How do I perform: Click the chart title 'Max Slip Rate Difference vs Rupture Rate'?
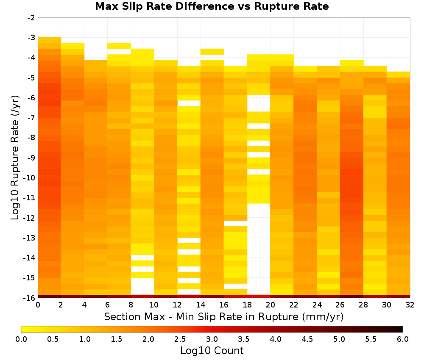point(212,6)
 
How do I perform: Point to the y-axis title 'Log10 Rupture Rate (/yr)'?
point(15,158)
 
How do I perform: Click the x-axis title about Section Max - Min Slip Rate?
point(223,316)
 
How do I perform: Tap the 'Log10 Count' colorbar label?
point(212,351)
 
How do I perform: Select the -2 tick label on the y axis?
point(31,18)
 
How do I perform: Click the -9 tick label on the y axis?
point(31,158)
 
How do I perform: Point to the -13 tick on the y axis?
point(30,238)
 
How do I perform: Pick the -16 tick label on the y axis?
point(30,298)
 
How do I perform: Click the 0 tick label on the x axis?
point(38,305)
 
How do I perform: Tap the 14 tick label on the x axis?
point(201,305)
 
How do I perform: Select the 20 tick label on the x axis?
point(270,305)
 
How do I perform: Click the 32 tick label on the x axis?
point(410,305)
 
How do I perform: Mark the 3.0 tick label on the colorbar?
point(212,339)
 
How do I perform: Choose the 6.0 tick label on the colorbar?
point(403,339)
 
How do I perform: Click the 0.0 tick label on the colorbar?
point(21,339)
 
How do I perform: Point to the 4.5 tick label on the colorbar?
point(307,339)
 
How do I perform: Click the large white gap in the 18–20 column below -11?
point(259,249)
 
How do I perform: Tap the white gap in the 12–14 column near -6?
point(189,103)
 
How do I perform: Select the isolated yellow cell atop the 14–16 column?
point(212,52)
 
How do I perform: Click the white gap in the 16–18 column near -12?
point(235,223)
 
